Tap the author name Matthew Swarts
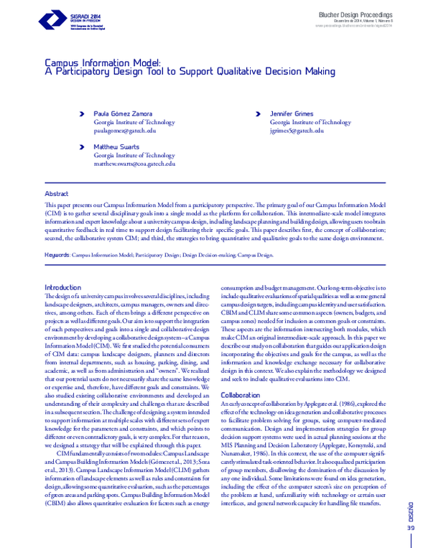(116, 147)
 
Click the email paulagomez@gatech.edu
(125, 131)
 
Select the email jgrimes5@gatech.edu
(297, 131)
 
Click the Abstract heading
(57, 194)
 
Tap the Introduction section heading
(63, 287)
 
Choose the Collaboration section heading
(241, 395)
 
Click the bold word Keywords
(57, 254)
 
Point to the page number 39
(411, 528)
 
